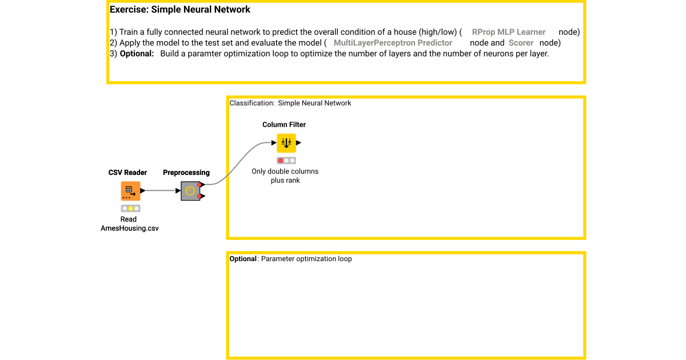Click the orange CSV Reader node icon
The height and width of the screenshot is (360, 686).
(x=130, y=191)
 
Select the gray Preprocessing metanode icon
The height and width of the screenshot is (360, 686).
(x=190, y=191)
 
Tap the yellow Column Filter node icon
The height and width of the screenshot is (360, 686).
(x=286, y=143)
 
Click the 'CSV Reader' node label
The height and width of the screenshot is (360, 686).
(x=127, y=173)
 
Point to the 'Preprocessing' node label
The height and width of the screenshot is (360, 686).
(x=186, y=173)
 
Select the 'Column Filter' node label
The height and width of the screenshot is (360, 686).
(x=284, y=125)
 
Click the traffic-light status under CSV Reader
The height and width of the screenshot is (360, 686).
(x=130, y=209)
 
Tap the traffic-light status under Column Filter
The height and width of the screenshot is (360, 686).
(x=286, y=161)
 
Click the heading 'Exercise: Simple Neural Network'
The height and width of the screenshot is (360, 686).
(x=180, y=10)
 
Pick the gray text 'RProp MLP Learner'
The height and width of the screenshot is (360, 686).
(x=509, y=32)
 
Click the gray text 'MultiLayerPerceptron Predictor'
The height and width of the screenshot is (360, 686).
(x=393, y=43)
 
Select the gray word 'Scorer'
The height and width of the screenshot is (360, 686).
(x=521, y=43)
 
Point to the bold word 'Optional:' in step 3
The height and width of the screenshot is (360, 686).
(x=137, y=54)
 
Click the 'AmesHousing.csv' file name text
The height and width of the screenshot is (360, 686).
(x=130, y=229)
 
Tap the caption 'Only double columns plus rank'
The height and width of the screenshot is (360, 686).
(x=285, y=175)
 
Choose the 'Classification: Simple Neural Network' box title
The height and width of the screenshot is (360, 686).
(x=290, y=103)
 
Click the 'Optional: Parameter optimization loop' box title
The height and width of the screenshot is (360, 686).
(x=290, y=259)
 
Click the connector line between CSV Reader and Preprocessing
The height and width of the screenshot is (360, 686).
(x=160, y=191)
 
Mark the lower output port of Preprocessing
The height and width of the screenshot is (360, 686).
(x=200, y=196)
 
